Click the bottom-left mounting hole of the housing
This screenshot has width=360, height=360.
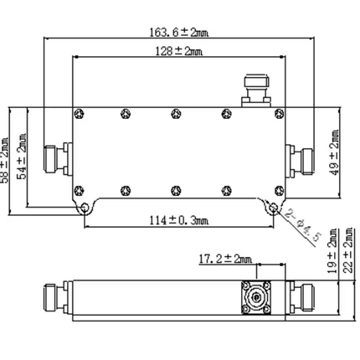click(85, 206)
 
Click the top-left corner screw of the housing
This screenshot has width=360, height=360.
click(78, 112)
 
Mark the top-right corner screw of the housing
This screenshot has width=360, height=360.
click(275, 112)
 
